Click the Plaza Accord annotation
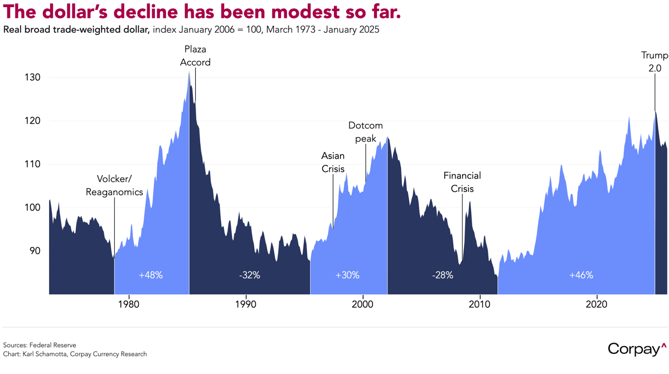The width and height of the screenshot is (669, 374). pyautogui.click(x=195, y=56)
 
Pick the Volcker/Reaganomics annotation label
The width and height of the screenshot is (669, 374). pyautogui.click(x=114, y=186)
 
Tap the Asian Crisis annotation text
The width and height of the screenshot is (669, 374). pyautogui.click(x=333, y=162)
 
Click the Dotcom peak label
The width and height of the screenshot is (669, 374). pyautogui.click(x=366, y=132)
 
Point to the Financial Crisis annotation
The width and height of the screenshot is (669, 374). pyautogui.click(x=462, y=182)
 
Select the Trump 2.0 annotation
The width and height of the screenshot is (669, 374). pyautogui.click(x=654, y=61)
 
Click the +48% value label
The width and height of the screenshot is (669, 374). pyautogui.click(x=151, y=275)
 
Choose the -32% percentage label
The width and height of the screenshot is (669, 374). pyautogui.click(x=249, y=275)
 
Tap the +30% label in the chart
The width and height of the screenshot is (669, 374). pyautogui.click(x=347, y=275)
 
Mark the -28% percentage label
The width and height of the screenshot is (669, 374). pyautogui.click(x=442, y=275)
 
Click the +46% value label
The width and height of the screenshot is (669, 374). pyautogui.click(x=581, y=275)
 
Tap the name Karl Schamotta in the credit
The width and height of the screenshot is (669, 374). pyautogui.click(x=46, y=354)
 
